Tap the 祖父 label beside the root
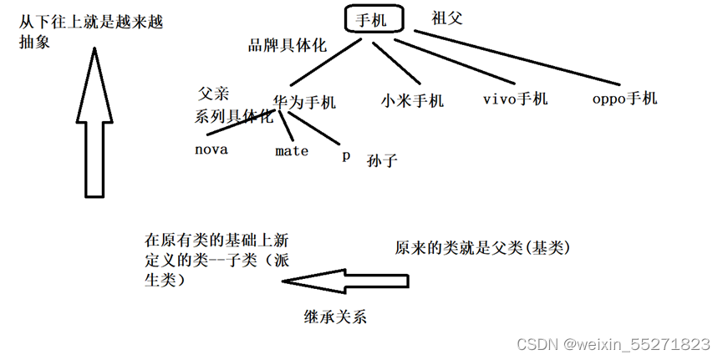(x=446, y=18)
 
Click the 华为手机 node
(x=303, y=103)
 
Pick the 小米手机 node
(x=412, y=101)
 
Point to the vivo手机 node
(x=515, y=99)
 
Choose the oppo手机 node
(x=624, y=98)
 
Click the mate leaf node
(x=292, y=151)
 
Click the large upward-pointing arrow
(x=94, y=125)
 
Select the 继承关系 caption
(x=335, y=317)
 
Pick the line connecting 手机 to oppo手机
(x=518, y=58)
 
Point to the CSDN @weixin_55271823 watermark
(x=613, y=345)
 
